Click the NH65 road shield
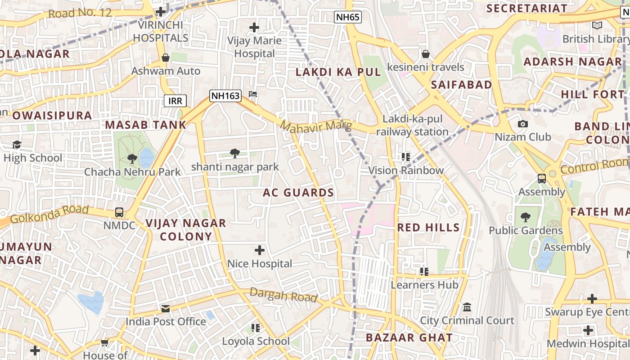(x=348, y=18)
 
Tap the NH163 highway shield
(x=225, y=95)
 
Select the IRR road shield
(x=175, y=101)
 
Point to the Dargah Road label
(x=283, y=295)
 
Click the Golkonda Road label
(x=49, y=214)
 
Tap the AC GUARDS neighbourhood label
(x=298, y=193)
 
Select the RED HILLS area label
(x=428, y=228)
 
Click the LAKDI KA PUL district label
(x=338, y=72)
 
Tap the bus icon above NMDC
(x=119, y=212)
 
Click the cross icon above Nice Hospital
(x=260, y=250)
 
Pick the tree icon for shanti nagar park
(x=234, y=153)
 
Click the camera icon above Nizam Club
(x=522, y=124)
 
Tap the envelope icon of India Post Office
(x=166, y=308)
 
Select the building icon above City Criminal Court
(x=467, y=307)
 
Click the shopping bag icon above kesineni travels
(x=425, y=54)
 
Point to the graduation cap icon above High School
(x=17, y=145)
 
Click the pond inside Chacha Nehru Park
(x=146, y=158)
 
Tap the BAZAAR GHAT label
(x=409, y=338)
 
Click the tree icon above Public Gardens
(x=525, y=217)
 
